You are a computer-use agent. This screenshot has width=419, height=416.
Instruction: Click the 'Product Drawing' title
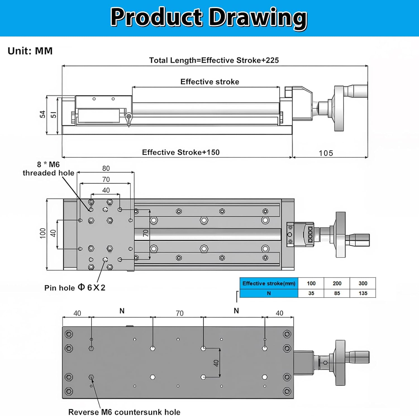[x=209, y=17]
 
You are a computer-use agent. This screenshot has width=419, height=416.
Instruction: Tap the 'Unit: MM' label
[x=30, y=51]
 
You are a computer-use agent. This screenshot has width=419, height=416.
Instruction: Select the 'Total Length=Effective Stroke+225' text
[x=214, y=60]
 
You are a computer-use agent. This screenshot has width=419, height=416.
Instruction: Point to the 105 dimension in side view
[x=326, y=153]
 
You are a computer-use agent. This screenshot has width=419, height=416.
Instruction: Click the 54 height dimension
[x=42, y=114]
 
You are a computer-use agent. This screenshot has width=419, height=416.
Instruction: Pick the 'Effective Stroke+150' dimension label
[x=181, y=152]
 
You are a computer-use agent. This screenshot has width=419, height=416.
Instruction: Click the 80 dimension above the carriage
[x=106, y=168]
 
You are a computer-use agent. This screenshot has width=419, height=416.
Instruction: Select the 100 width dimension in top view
[x=42, y=233]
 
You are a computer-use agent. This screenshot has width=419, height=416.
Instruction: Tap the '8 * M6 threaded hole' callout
[x=48, y=169]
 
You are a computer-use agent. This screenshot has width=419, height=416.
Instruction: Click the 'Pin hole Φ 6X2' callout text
[x=75, y=288]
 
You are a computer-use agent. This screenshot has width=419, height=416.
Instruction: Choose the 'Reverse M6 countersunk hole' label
[x=124, y=412]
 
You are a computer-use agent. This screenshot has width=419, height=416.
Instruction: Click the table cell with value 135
[x=363, y=293]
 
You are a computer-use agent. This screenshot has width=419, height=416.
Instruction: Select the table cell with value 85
[x=337, y=293]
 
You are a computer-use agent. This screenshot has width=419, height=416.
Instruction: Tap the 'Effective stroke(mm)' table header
[x=269, y=283]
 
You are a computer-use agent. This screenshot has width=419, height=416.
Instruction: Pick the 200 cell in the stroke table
[x=337, y=283]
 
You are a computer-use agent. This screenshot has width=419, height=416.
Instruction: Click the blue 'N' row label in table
[x=269, y=293]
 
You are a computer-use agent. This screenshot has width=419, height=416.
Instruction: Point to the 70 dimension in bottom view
[x=180, y=313]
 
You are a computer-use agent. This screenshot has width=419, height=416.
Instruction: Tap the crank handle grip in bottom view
[x=358, y=357]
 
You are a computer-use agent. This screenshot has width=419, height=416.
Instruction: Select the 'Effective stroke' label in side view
[x=209, y=82]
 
